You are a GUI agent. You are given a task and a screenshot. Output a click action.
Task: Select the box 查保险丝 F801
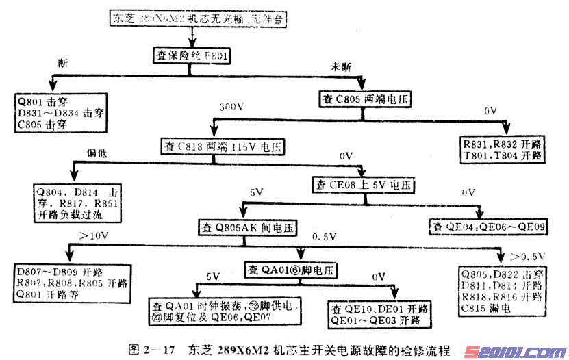tap(190, 54)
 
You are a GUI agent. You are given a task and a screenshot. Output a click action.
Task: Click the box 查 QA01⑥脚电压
tap(290, 270)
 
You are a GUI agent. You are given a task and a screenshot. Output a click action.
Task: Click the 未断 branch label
tap(341, 66)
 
